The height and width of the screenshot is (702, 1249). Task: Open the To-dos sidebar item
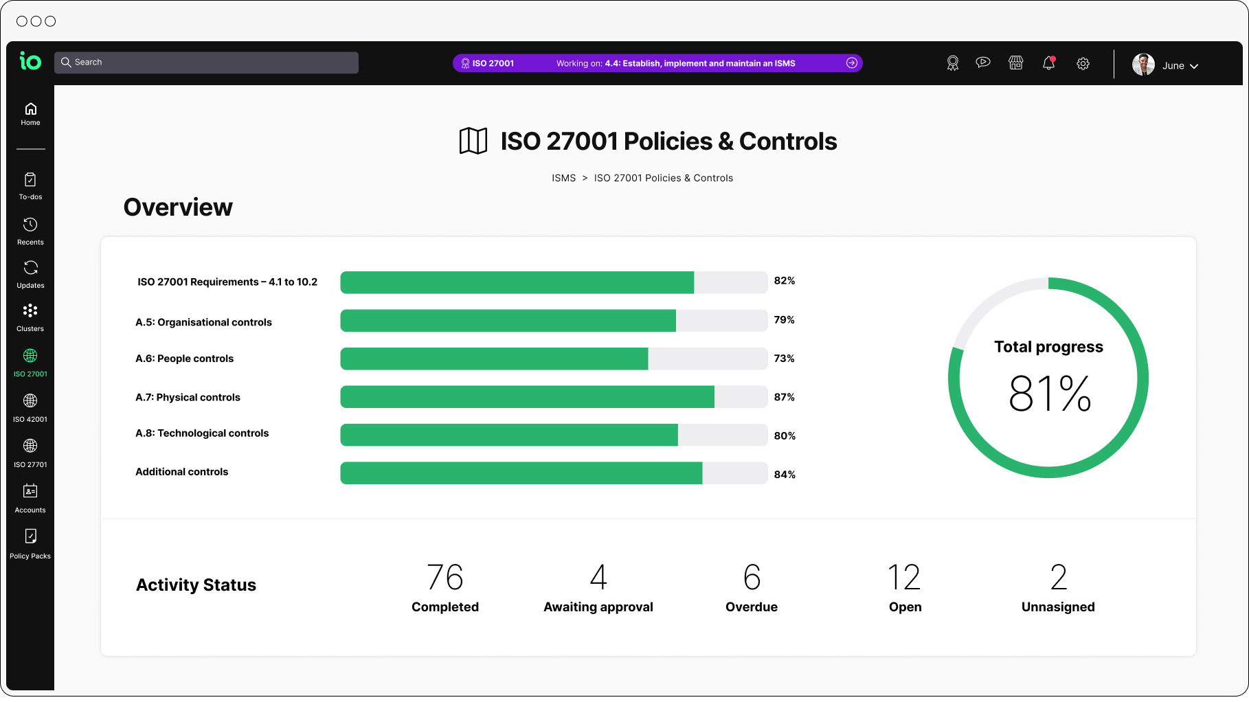(30, 185)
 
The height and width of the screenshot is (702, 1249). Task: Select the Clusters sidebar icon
(30, 317)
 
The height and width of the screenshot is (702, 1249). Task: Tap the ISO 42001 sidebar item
(30, 407)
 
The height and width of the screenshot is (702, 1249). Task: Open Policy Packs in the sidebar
(30, 543)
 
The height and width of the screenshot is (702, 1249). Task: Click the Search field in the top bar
(206, 63)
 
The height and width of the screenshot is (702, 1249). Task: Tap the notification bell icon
(1048, 63)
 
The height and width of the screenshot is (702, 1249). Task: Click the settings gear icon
(1083, 64)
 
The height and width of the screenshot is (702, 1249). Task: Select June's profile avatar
(1143, 65)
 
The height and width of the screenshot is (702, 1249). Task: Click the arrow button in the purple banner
(852, 63)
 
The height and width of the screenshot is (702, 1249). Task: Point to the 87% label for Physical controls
(784, 397)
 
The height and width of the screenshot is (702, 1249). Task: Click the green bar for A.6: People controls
(494, 359)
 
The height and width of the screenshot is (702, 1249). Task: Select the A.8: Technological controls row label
(202, 433)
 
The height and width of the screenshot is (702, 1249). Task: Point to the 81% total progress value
(1049, 394)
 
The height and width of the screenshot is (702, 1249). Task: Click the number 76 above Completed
(445, 577)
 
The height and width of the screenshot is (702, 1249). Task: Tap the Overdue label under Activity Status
(752, 607)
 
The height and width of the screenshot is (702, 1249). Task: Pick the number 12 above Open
(904, 577)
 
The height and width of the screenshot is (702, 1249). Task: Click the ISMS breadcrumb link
(563, 179)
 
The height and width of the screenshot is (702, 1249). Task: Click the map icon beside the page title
(473, 141)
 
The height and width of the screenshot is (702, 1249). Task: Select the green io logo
(30, 62)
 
